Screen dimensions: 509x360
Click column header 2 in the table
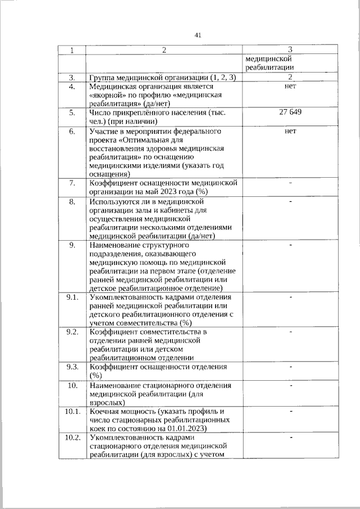pyautogui.click(x=164, y=51)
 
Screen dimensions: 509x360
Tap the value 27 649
pyautogui.click(x=290, y=112)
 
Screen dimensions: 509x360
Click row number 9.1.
pyautogui.click(x=72, y=296)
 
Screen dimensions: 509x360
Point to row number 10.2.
pyautogui.click(x=72, y=437)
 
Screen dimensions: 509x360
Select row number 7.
pyautogui.click(x=72, y=183)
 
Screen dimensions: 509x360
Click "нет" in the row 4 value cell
pyautogui.click(x=290, y=87)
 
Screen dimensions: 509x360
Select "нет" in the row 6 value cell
pyautogui.click(x=290, y=130)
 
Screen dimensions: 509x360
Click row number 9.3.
pyautogui.click(x=72, y=367)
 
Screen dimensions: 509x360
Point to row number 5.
pyautogui.click(x=72, y=112)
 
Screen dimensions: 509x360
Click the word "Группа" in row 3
pyautogui.click(x=102, y=77)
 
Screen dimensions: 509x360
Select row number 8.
pyautogui.click(x=72, y=201)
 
